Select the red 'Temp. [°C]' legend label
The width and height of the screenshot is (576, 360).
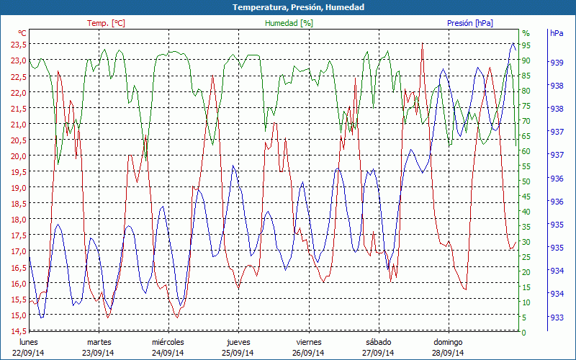click(x=106, y=23)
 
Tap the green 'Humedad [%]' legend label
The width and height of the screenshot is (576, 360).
click(x=289, y=23)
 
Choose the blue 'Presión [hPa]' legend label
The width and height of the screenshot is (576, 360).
click(x=470, y=23)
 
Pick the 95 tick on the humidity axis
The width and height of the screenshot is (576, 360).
click(x=526, y=45)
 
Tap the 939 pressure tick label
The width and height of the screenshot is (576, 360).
click(x=557, y=63)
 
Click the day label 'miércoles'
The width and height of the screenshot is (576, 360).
click(x=168, y=342)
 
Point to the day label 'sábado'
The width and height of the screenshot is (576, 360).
click(x=379, y=342)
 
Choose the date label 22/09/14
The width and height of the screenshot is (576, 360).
click(x=28, y=353)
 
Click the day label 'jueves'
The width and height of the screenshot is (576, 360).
click(x=238, y=342)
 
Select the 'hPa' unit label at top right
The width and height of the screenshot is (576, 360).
click(x=557, y=33)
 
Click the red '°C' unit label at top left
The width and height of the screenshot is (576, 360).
click(x=22, y=33)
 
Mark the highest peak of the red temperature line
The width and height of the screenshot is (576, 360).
click(x=423, y=44)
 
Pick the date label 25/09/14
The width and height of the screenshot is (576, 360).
click(x=238, y=353)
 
